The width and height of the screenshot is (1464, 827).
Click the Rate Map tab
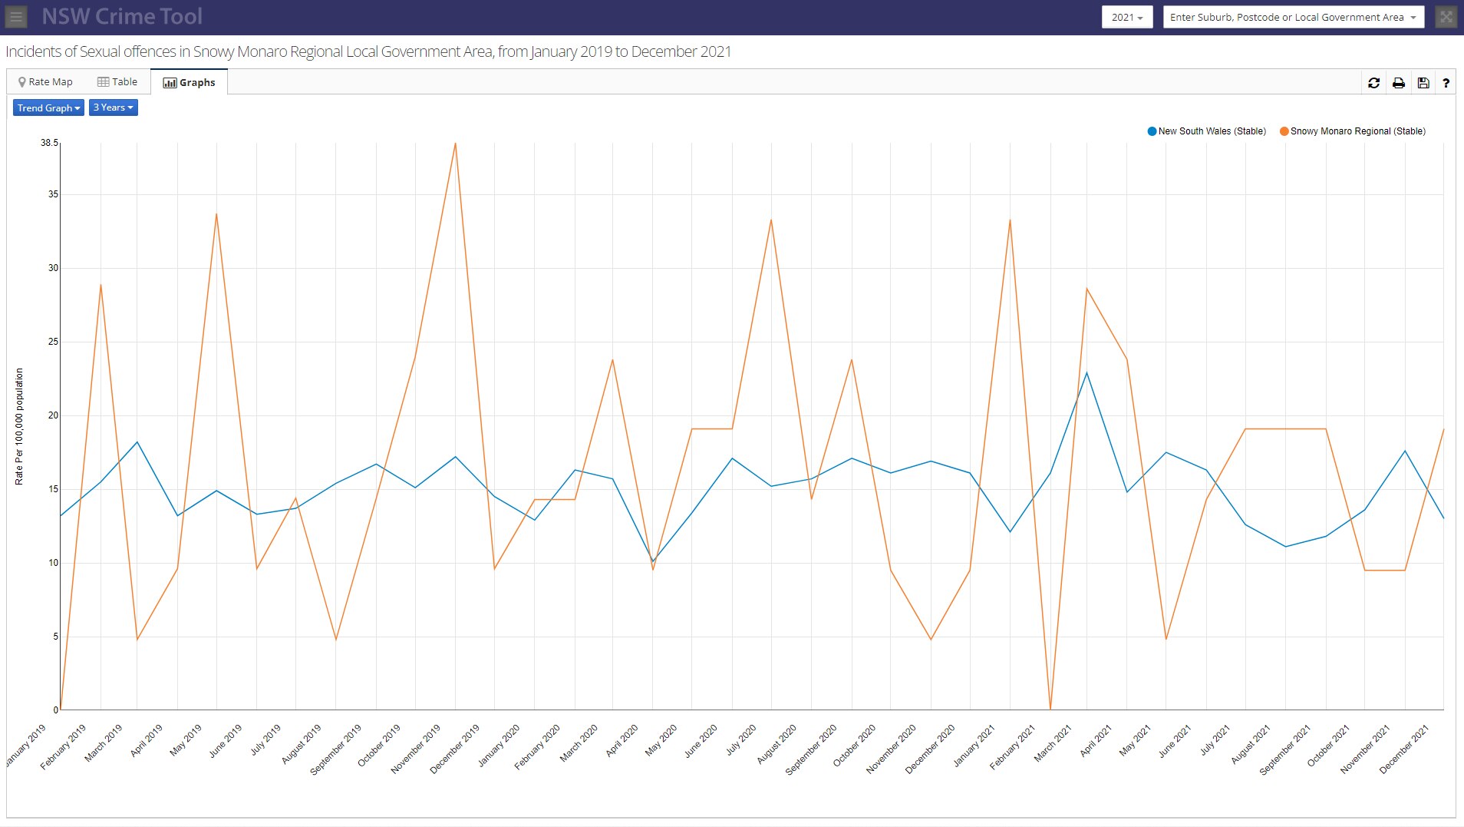pos(45,82)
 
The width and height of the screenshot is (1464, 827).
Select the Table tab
pos(117,82)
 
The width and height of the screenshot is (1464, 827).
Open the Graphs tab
pos(189,82)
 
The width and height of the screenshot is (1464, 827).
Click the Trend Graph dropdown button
pos(48,108)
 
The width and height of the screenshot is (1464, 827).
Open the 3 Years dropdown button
pos(113,108)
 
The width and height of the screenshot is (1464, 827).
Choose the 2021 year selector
pos(1126,17)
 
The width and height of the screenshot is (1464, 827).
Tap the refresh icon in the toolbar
pos(1373,83)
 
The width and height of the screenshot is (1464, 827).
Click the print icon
pos(1398,83)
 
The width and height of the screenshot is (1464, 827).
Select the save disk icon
pos(1423,83)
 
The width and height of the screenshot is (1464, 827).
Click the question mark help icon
pos(1446,83)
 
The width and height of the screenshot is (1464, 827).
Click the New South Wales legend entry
pos(1206,131)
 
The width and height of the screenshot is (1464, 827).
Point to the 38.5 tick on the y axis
pos(49,143)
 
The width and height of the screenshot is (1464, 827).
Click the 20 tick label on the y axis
pos(53,415)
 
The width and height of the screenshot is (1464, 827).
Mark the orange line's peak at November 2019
pos(455,144)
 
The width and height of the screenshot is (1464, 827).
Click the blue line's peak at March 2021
pos(1086,373)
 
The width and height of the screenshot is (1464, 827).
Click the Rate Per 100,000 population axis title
pos(19,426)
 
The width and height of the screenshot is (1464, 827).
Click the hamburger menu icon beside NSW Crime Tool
pos(16,16)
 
